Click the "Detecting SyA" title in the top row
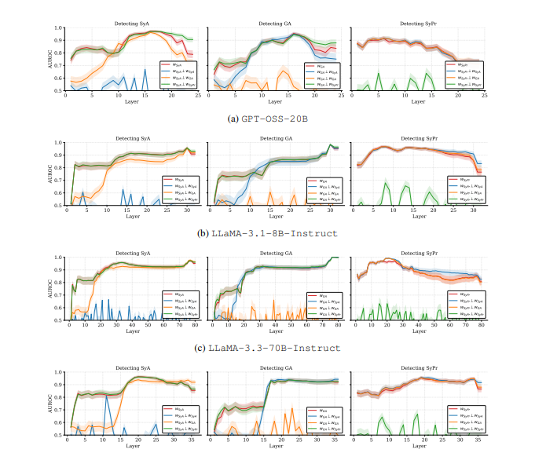point(133,24)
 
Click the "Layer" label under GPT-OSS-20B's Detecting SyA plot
point(133,102)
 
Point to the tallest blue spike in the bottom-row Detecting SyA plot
point(106,395)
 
